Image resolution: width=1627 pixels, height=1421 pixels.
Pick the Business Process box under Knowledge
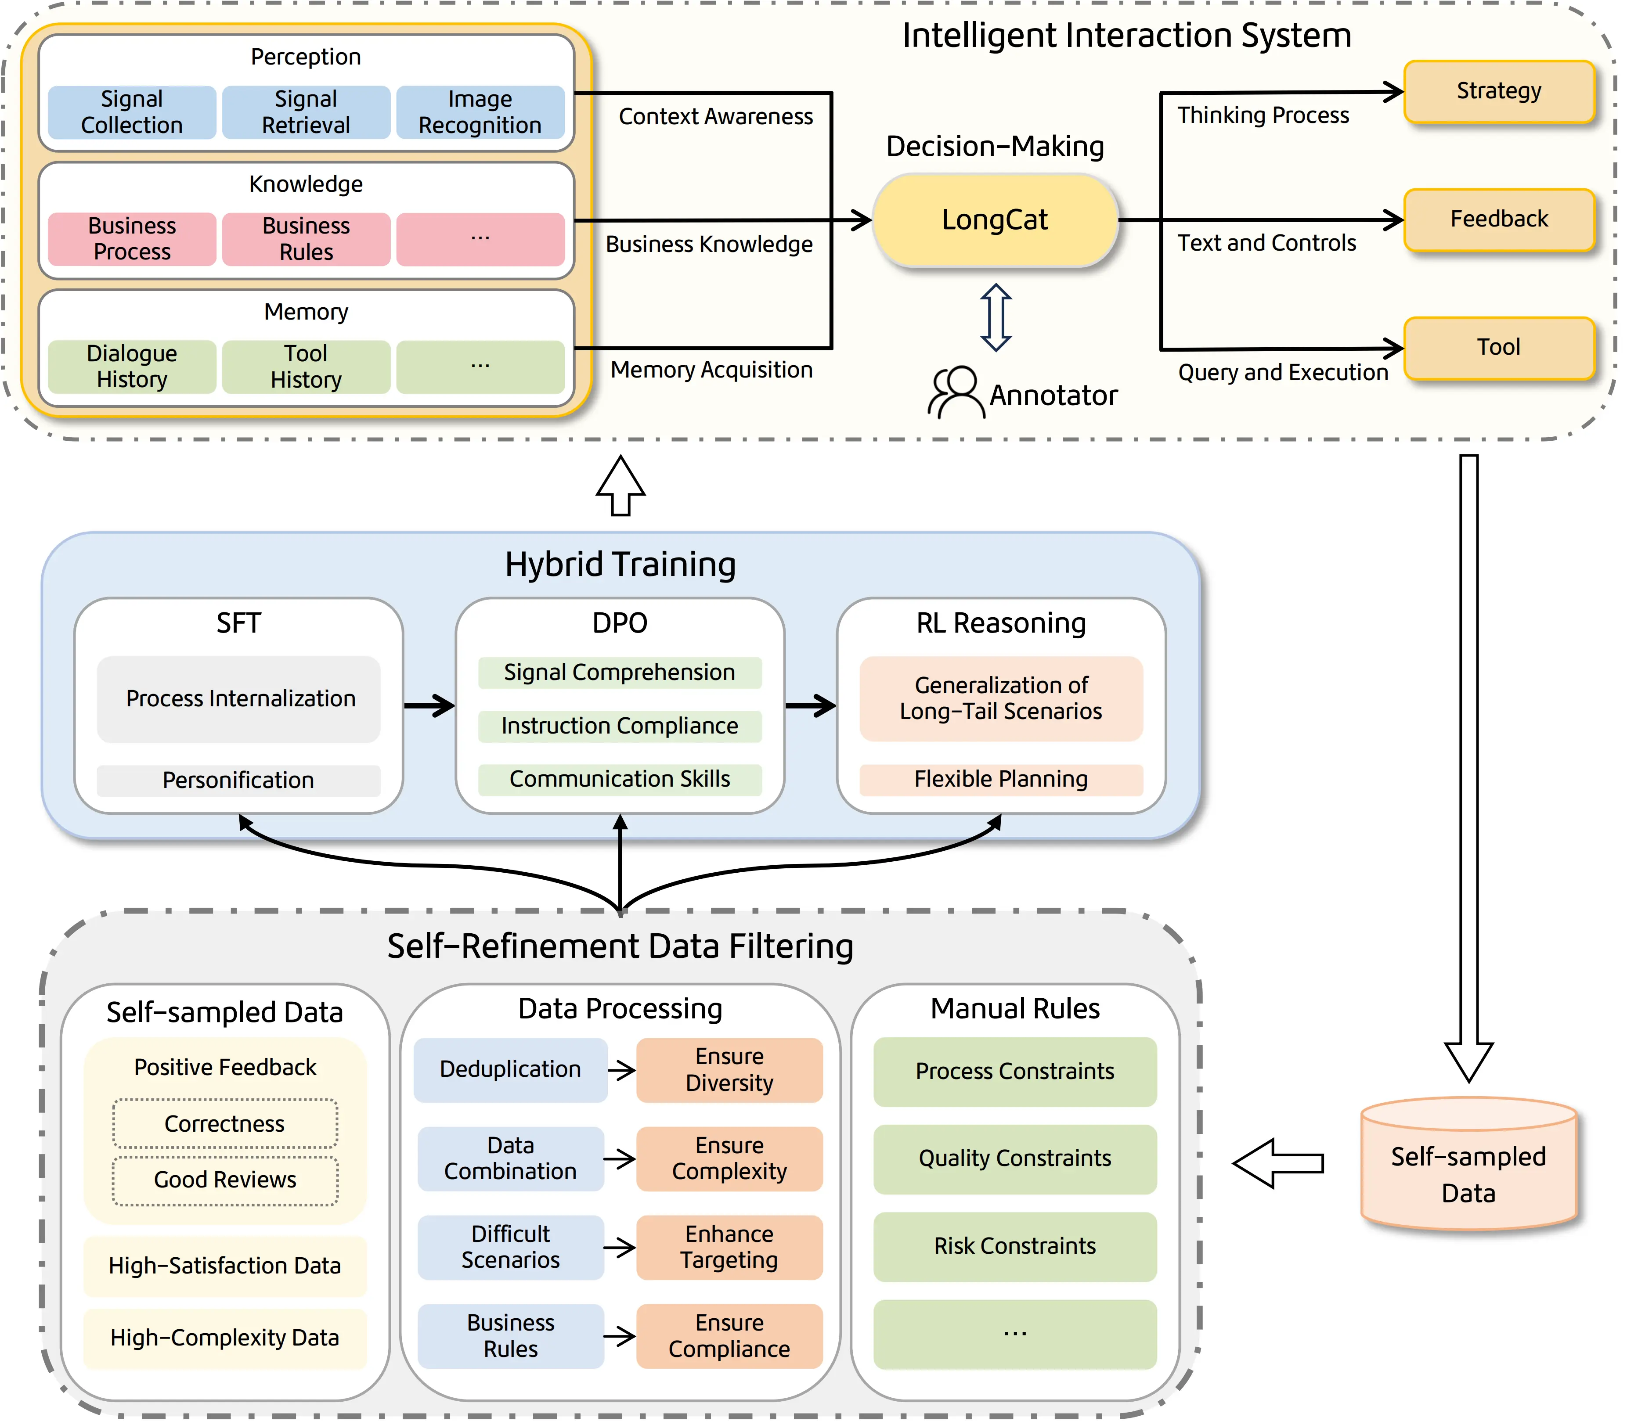[x=132, y=239]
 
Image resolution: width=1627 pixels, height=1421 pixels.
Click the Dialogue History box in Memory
[x=132, y=367]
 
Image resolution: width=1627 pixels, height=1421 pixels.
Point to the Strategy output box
[x=1498, y=91]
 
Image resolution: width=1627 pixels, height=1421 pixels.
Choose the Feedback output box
[x=1498, y=219]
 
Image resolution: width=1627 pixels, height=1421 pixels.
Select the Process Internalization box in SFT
[x=239, y=698]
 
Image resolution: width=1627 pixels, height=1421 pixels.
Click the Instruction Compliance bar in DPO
[x=620, y=726]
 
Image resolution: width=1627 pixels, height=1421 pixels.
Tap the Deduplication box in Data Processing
[x=510, y=1070]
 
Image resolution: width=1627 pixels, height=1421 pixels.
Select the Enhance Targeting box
[x=729, y=1247]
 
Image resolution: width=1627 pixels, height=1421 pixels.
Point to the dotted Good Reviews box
[x=225, y=1180]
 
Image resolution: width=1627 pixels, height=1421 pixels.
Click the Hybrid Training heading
[x=620, y=565]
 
